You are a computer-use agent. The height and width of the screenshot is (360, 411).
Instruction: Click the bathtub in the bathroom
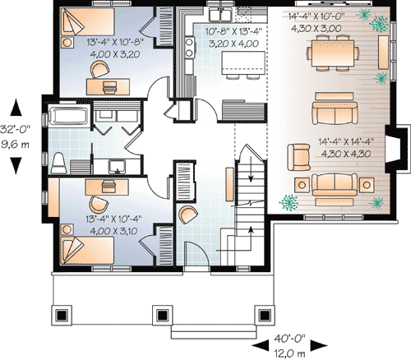[x=68, y=116]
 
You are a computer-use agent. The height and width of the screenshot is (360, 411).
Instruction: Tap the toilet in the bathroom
[x=59, y=163]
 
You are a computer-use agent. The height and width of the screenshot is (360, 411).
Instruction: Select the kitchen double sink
[x=220, y=15]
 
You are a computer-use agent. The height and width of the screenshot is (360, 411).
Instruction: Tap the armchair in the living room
[x=298, y=157]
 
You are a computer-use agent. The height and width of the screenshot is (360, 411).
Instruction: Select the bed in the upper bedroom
[x=87, y=21]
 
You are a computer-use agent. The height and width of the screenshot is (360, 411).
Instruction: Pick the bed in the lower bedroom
[x=87, y=251]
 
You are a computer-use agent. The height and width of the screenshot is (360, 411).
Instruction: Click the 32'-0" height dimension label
[x=16, y=129]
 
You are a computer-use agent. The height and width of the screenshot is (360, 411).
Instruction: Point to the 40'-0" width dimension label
[x=289, y=339]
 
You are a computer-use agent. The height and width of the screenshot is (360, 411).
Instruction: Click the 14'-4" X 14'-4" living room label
[x=346, y=142]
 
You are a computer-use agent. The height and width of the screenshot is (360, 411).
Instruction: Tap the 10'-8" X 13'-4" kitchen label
[x=233, y=31]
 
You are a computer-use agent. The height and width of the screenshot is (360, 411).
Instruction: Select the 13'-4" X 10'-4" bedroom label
[x=113, y=219]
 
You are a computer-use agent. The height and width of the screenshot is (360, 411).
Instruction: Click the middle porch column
[x=162, y=316]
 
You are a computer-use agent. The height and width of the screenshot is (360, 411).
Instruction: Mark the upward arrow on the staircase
[x=251, y=238]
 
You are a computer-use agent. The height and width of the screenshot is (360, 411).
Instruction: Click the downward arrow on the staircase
[x=251, y=169]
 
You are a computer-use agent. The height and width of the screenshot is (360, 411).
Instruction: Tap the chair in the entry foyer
[x=187, y=215]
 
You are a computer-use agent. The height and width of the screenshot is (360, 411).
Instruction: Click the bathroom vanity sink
[x=117, y=167]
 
